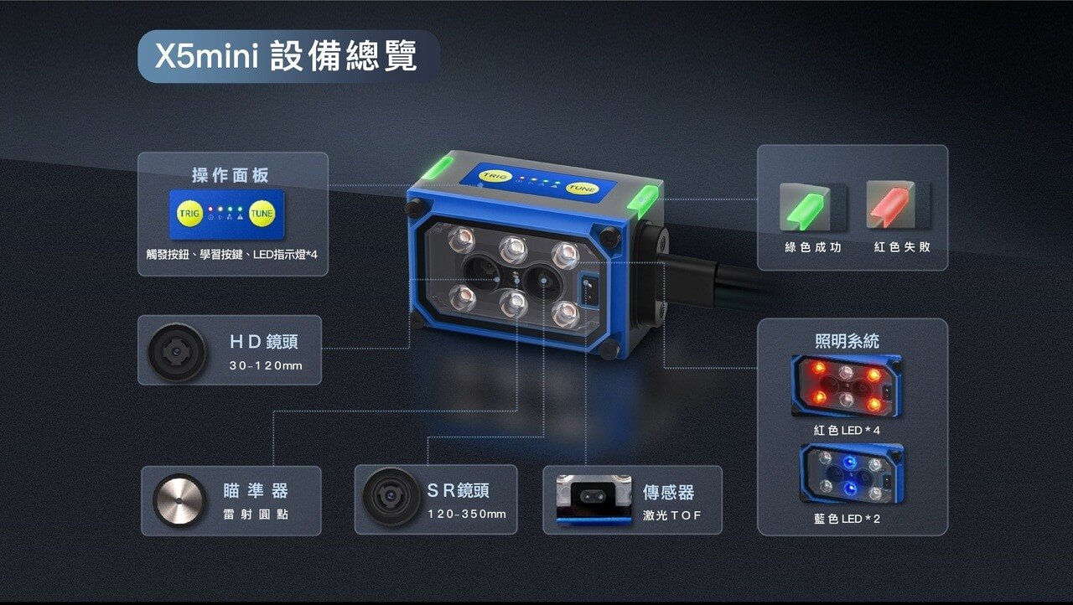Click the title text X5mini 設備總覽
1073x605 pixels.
tap(286, 56)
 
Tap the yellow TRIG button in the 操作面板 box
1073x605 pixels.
tap(189, 213)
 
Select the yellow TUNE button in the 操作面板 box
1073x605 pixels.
tap(262, 213)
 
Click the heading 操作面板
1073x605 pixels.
tap(231, 175)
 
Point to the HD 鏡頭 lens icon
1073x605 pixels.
tap(177, 352)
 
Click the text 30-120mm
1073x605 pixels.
tap(266, 365)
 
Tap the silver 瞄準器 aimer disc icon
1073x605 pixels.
tap(179, 500)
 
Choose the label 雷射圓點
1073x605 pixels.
tap(256, 514)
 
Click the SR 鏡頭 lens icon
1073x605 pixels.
tap(391, 497)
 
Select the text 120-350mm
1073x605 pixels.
tap(467, 514)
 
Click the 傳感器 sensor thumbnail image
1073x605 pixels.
tap(594, 499)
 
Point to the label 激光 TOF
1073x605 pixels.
tap(672, 515)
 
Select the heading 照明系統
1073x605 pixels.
tap(847, 341)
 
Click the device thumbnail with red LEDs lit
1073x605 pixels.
tap(847, 385)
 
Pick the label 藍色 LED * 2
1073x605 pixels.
tap(847, 519)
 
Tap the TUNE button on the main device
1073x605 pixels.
tap(582, 188)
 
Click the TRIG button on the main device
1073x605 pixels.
tap(495, 176)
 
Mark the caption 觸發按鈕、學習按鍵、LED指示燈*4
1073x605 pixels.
tap(232, 254)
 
